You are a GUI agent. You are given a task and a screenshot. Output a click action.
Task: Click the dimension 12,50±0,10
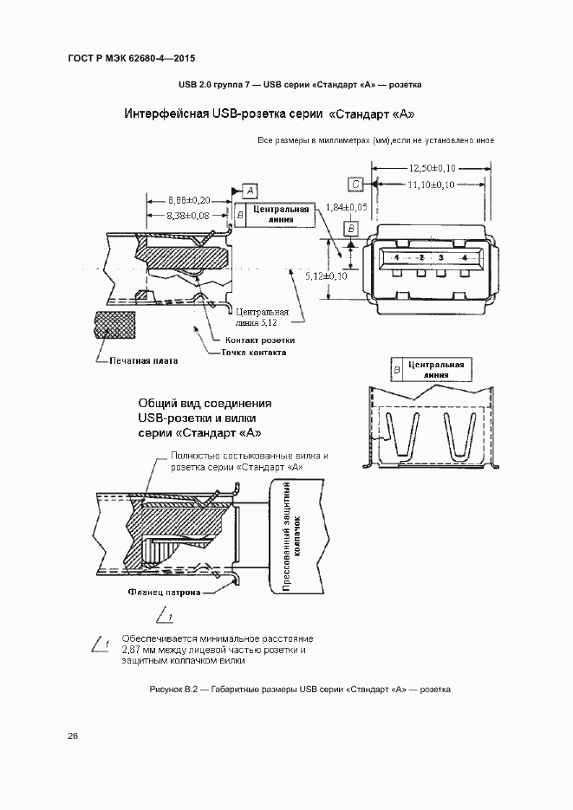coord(433,168)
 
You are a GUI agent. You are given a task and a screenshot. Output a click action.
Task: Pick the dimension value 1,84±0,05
coord(347,208)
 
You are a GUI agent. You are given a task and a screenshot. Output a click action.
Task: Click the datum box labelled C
coord(356,184)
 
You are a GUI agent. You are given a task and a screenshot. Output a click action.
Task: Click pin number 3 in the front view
coord(441,258)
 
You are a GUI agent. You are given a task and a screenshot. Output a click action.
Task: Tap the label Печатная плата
coord(143,360)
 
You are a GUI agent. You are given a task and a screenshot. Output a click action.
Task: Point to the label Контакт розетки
coord(260,340)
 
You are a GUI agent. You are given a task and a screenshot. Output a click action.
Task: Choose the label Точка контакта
coord(253,353)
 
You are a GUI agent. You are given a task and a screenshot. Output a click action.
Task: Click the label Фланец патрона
coord(163,593)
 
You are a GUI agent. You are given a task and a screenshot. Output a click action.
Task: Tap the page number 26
coord(73,735)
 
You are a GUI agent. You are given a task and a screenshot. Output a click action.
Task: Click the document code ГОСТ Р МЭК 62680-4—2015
coord(131,58)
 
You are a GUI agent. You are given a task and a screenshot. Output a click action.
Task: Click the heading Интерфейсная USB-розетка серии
coord(223,114)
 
